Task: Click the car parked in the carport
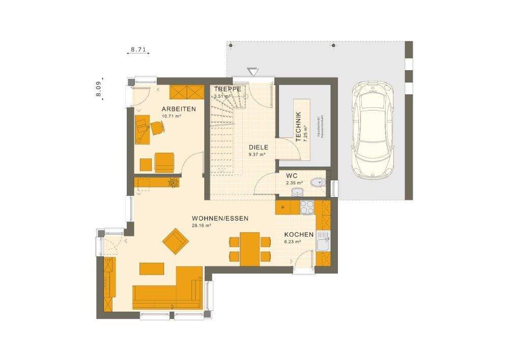pyautogui.click(x=374, y=130)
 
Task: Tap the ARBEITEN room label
pyautogui.click(x=179, y=109)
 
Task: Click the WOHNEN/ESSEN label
pyautogui.click(x=220, y=218)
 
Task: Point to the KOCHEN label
pyautogui.click(x=299, y=235)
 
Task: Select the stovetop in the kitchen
pyautogui.click(x=307, y=207)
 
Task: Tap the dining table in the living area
pyautogui.click(x=250, y=248)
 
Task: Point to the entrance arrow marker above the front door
pyautogui.click(x=252, y=72)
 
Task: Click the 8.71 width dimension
pyautogui.click(x=138, y=50)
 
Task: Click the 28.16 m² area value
pyautogui.click(x=202, y=225)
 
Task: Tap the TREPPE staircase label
pyautogui.click(x=224, y=88)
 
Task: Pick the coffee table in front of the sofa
pyautogui.click(x=152, y=268)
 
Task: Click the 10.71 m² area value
pyautogui.click(x=172, y=116)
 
